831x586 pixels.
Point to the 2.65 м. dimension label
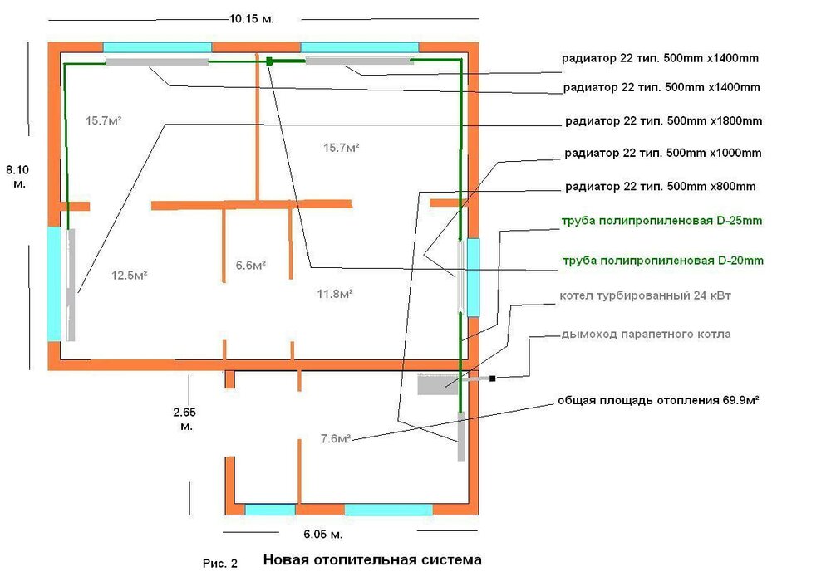point(186,418)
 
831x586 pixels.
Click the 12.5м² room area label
point(129,275)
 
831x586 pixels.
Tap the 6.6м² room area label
point(251,266)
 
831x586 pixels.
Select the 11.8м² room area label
point(336,294)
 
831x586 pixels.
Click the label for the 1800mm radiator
point(662,120)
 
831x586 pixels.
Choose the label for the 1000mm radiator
point(662,154)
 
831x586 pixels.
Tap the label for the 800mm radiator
point(660,186)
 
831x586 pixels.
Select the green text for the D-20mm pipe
point(661,261)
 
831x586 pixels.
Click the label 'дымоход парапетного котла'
point(646,335)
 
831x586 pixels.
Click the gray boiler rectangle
point(438,385)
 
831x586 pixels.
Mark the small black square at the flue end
point(493,378)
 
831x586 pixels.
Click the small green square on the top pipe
point(270,61)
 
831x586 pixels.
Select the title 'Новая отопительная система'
point(372,560)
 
